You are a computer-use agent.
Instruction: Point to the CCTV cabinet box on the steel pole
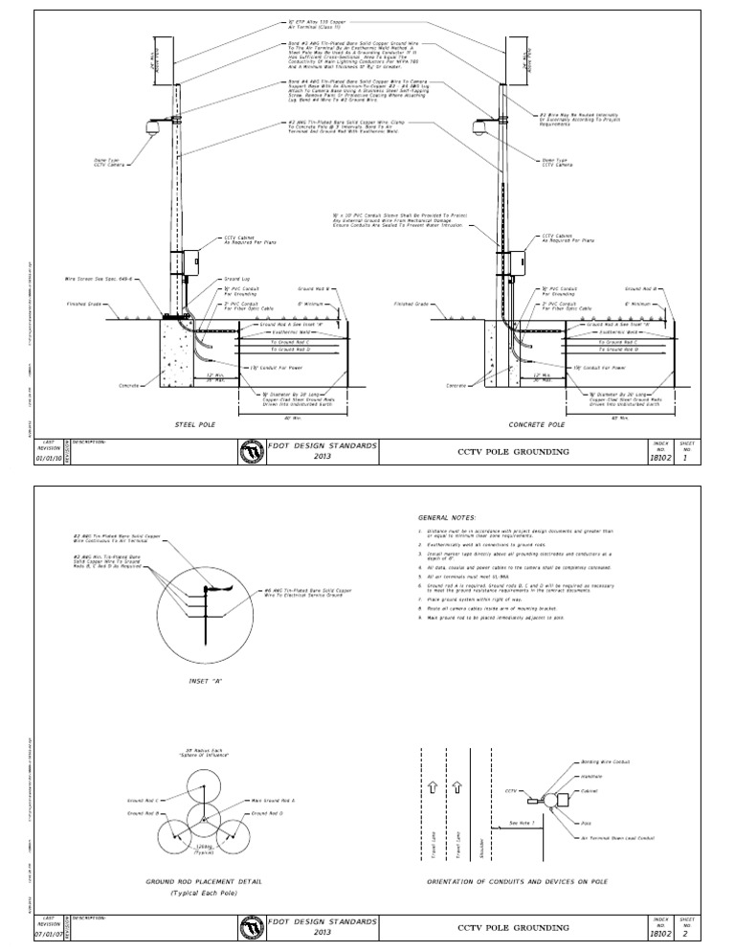[x=184, y=261]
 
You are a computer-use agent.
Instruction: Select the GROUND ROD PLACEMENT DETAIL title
[x=203, y=880]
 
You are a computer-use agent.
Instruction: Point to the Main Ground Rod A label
[x=273, y=800]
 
